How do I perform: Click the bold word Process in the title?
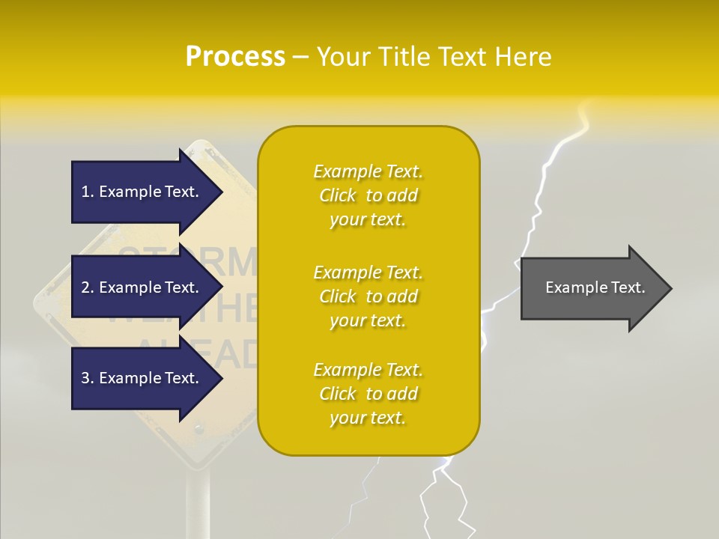(235, 57)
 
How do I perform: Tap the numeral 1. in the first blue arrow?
(88, 192)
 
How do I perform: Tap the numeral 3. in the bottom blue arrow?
(88, 378)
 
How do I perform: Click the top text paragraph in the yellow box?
(368, 195)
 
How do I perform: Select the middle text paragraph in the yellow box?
(368, 296)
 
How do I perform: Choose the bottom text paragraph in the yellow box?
(368, 394)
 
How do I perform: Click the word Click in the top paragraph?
(338, 195)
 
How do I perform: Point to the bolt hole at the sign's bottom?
(199, 429)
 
